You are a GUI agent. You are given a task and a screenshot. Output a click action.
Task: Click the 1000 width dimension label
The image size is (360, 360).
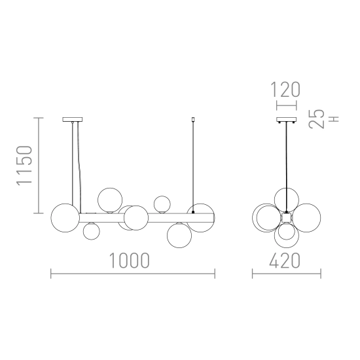[x=130, y=261]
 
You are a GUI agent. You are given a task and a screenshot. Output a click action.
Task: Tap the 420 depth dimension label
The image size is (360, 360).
[x=285, y=261]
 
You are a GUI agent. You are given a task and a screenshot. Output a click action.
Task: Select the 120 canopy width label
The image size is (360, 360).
[x=285, y=89]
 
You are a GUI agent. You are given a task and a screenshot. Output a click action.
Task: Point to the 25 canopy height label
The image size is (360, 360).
[x=317, y=118]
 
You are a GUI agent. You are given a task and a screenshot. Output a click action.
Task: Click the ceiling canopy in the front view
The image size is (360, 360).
[x=73, y=119]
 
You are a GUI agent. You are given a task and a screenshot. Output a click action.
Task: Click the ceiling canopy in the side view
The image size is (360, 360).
[x=287, y=119]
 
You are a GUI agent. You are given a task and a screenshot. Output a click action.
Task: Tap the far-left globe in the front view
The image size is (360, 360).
[x=65, y=218]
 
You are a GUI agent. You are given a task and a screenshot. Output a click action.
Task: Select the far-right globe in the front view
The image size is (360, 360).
[x=200, y=218]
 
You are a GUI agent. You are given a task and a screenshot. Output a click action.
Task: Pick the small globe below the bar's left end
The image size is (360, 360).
[x=92, y=231]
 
